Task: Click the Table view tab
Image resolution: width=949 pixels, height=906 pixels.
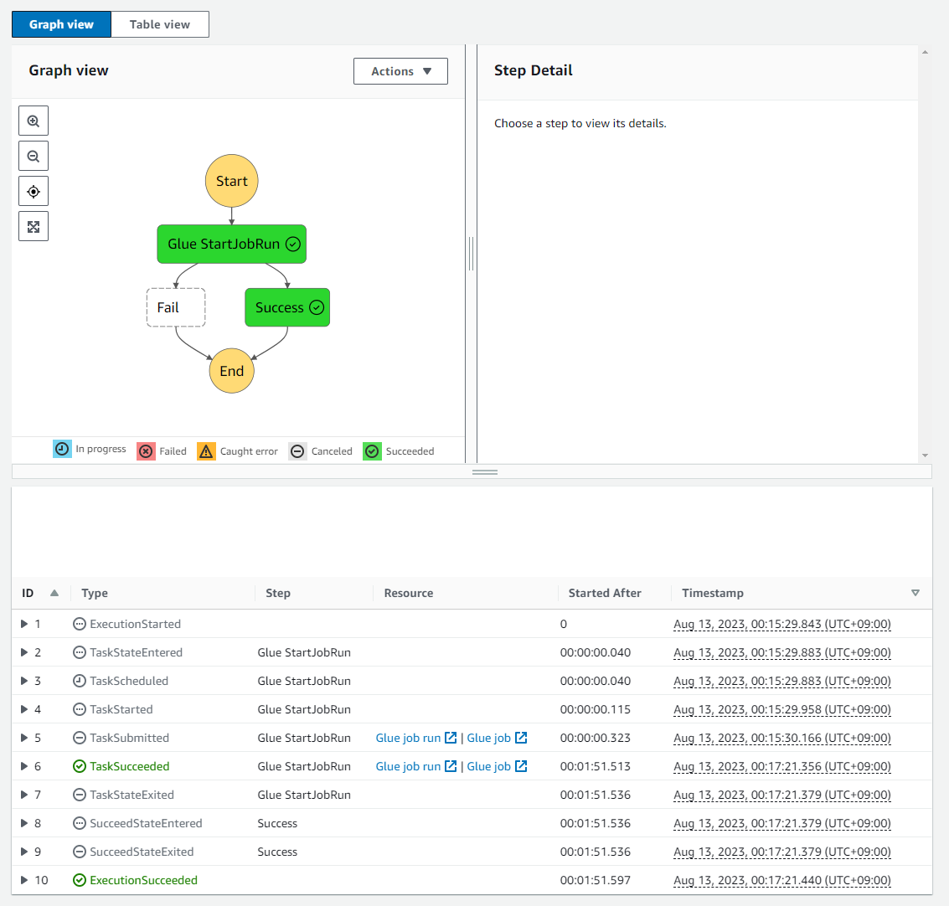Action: (159, 24)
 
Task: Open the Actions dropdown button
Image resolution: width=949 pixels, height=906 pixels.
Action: (400, 71)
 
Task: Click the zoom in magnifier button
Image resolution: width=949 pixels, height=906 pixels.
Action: (34, 121)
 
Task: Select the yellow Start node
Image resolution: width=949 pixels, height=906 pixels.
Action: (231, 181)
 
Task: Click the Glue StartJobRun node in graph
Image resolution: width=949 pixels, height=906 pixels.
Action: (231, 244)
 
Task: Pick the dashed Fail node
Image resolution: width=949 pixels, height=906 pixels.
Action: (176, 307)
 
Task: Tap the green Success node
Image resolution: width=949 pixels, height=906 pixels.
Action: (287, 307)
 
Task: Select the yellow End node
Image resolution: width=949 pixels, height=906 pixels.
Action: (231, 371)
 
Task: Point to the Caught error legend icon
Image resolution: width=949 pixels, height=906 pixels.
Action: (206, 451)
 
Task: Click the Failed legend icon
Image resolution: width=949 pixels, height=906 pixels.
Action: (146, 451)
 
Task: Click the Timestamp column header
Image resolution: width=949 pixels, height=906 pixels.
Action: (712, 593)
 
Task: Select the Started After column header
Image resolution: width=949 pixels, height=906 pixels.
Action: (604, 593)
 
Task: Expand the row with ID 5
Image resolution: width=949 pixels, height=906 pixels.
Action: (24, 738)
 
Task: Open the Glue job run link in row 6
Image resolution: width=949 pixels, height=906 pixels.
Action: (408, 766)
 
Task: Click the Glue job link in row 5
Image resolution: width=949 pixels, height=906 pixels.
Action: (489, 738)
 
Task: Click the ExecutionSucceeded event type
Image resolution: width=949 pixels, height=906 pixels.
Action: (143, 880)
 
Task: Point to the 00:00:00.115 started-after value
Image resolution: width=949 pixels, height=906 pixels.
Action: (595, 709)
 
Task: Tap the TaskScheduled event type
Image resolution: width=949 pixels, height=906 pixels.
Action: (129, 681)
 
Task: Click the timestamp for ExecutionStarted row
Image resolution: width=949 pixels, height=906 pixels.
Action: (781, 624)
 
